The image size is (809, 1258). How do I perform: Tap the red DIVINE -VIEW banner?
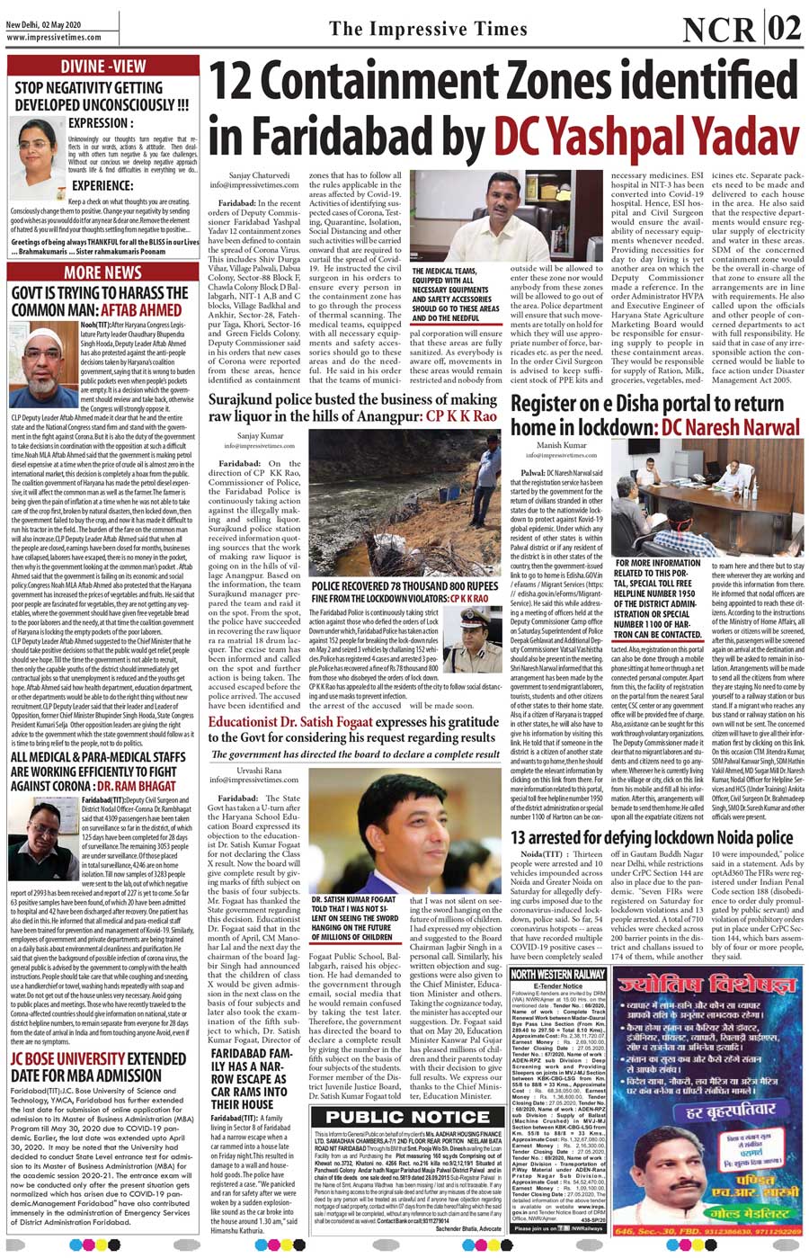pyautogui.click(x=102, y=66)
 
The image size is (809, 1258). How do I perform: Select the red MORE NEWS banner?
pyautogui.click(x=102, y=272)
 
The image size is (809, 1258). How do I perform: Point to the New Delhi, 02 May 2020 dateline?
pyautogui.click(x=42, y=26)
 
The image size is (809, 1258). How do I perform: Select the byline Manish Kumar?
pyautogui.click(x=562, y=445)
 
